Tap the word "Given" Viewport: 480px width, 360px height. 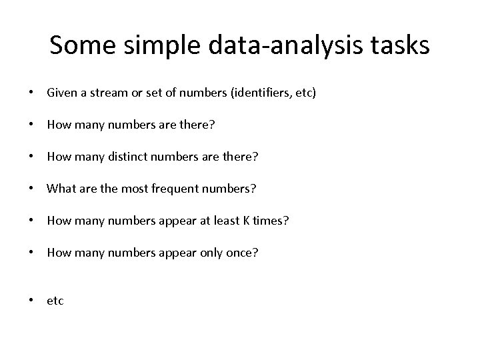click(x=61, y=93)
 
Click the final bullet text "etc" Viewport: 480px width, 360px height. click(x=55, y=301)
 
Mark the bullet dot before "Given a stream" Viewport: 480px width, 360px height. click(x=32, y=93)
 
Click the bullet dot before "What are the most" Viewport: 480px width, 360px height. click(x=32, y=189)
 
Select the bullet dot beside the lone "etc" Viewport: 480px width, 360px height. click(x=32, y=301)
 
